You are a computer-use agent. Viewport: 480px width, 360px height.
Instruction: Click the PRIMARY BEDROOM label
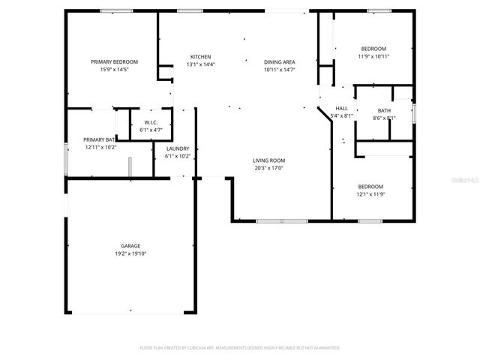tap(114, 61)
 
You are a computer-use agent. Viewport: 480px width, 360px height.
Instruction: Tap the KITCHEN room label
tap(200, 57)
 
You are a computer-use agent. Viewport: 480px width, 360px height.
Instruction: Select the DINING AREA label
tap(279, 61)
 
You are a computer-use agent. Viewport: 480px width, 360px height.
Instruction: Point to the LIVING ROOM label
tap(268, 160)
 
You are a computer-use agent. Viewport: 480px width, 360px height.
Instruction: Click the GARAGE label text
tap(130, 245)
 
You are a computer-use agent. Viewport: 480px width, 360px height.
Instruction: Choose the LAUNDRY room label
tap(177, 148)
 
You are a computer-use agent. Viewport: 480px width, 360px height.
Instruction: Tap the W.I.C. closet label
tap(151, 122)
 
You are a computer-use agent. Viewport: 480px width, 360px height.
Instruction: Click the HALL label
tap(341, 108)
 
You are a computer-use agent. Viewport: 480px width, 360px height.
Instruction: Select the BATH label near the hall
tap(384, 110)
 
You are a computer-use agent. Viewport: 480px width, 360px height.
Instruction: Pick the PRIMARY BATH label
tap(99, 139)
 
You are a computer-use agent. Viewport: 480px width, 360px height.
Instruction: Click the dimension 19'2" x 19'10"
tap(130, 253)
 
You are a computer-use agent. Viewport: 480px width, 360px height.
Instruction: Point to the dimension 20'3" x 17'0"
tap(268, 168)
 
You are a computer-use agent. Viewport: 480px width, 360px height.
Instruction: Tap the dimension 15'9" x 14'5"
tap(114, 70)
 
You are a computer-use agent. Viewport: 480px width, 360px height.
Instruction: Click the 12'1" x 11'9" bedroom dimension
tap(370, 194)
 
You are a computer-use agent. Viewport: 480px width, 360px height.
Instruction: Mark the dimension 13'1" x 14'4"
tap(200, 64)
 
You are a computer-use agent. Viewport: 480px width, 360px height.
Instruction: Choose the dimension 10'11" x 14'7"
tap(279, 70)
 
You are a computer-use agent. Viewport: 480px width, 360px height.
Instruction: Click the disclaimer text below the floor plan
tap(240, 348)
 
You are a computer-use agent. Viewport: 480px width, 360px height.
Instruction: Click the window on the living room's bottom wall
tap(281, 220)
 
